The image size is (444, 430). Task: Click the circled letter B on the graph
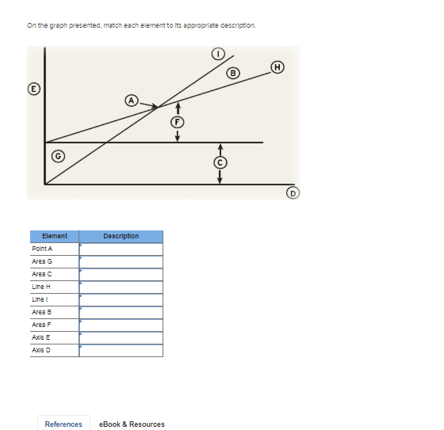click(233, 74)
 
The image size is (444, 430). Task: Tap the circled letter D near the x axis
click(293, 192)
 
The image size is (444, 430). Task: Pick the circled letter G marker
click(58, 155)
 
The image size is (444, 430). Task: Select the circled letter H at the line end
click(277, 67)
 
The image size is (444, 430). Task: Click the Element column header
click(54, 236)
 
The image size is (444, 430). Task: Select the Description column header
click(121, 236)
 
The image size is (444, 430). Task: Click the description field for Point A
click(121, 249)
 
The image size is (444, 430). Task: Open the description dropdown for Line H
click(121, 287)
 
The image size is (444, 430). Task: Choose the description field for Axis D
click(121, 350)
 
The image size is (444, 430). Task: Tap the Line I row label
click(39, 299)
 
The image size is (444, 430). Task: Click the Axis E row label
click(40, 337)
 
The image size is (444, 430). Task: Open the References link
click(63, 424)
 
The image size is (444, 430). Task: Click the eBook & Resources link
click(132, 424)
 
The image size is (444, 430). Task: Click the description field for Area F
click(121, 325)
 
